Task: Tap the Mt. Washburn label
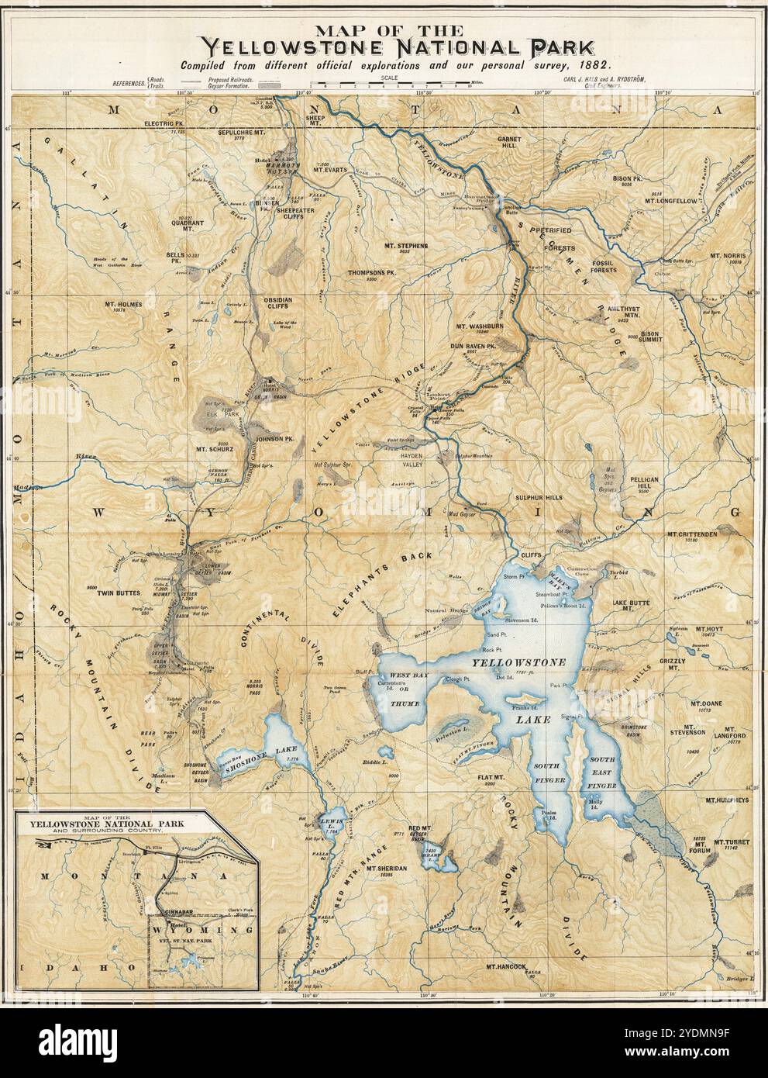(480, 327)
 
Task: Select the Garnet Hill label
(491, 141)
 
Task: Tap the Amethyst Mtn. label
(599, 311)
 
